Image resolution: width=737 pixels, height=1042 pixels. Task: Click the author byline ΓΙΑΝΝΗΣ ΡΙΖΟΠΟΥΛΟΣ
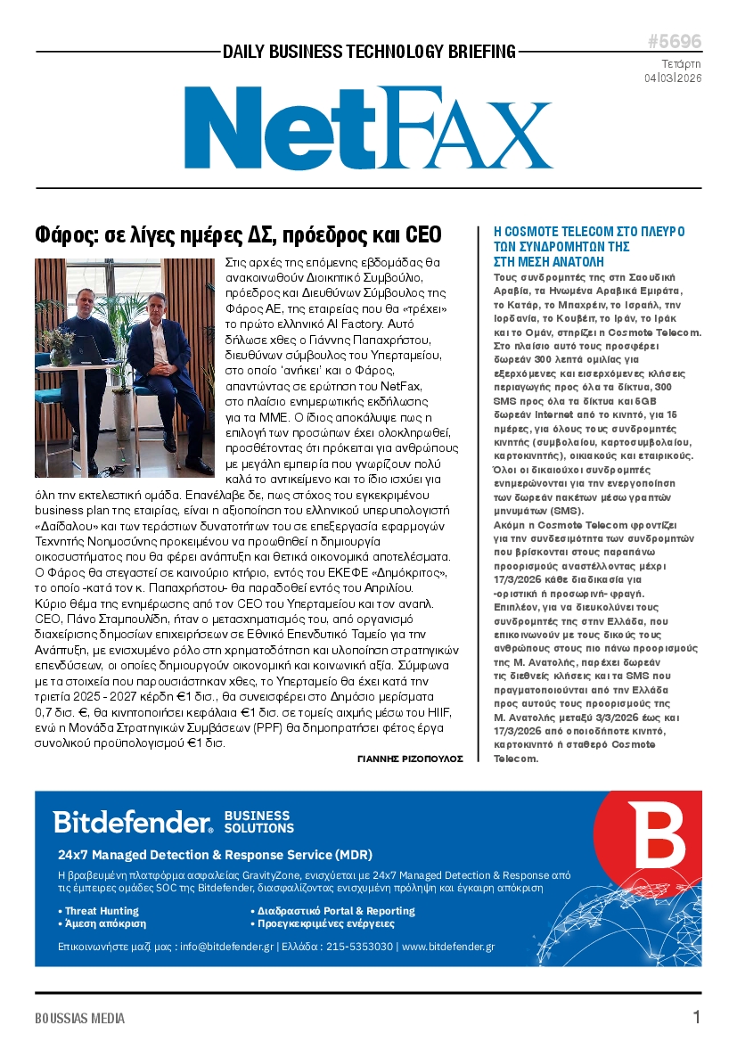[410, 759]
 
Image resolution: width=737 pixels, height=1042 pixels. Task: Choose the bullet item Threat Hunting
[101, 911]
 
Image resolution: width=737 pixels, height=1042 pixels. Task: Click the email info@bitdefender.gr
[225, 947]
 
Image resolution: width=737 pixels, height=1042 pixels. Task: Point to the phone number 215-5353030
[360, 947]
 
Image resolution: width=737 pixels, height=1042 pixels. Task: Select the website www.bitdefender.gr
[447, 947]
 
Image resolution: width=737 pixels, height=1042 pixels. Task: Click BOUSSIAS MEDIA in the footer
[79, 1018]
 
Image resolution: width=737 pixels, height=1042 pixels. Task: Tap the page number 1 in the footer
[696, 1017]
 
